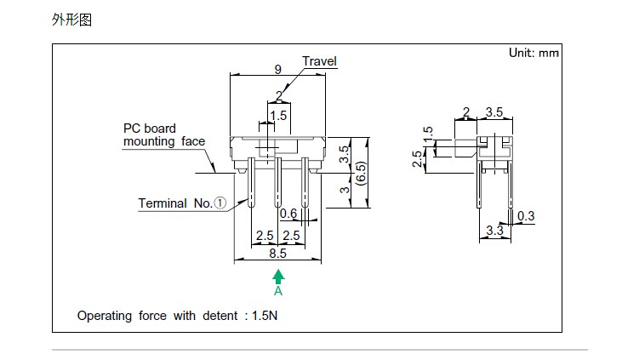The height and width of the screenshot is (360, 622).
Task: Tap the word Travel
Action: [x=320, y=61]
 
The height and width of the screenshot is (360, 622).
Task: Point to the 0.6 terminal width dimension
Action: [x=288, y=213]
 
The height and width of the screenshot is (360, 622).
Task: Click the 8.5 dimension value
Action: [x=277, y=253]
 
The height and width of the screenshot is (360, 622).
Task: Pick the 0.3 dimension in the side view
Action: [x=526, y=216]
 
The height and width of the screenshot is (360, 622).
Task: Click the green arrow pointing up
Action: [x=278, y=276]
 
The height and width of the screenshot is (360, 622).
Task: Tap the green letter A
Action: [x=278, y=291]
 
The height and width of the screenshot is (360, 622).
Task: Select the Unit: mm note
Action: [x=534, y=53]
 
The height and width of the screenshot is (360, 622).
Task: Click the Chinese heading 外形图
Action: [x=71, y=19]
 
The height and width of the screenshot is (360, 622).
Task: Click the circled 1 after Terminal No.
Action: [x=220, y=203]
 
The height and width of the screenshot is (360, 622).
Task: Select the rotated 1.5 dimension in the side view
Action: [x=427, y=134]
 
